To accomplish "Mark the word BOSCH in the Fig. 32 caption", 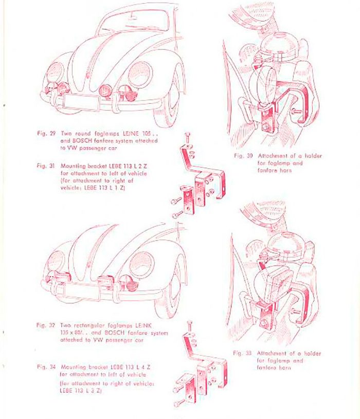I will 120,333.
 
